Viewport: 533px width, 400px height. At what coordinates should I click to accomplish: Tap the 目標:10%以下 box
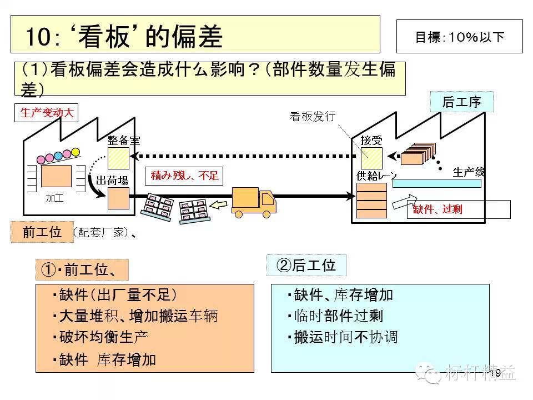459,37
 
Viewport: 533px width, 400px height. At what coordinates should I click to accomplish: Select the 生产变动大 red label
47,113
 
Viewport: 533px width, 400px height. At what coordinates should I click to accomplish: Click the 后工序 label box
461,102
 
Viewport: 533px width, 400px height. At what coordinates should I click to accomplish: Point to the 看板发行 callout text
313,117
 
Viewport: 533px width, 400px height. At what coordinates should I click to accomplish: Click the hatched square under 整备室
118,158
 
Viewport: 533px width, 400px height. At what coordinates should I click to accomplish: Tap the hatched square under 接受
371,159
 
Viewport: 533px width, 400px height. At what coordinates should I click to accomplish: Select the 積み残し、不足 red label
185,177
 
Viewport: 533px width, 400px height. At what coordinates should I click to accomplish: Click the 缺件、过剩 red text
438,209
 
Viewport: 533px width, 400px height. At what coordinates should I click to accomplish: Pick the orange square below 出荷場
118,198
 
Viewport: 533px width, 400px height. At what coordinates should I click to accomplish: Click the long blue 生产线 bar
436,183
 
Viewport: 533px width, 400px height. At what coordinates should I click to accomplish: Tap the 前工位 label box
42,232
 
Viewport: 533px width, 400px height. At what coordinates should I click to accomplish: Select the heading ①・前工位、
82,270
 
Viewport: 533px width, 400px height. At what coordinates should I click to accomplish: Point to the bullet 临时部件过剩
338,316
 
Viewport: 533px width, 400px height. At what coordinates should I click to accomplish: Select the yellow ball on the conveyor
76,152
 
